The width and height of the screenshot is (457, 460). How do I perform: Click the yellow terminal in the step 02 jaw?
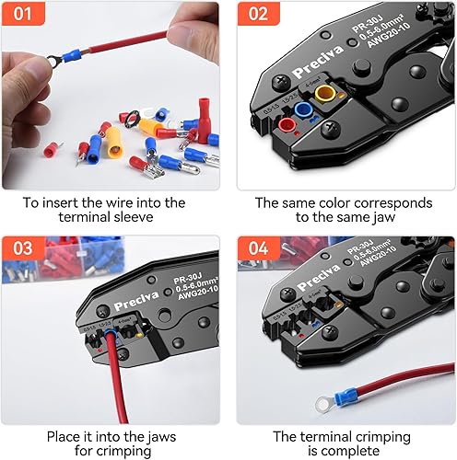[x=322, y=93]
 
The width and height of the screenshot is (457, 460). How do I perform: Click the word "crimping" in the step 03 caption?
[x=126, y=452]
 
